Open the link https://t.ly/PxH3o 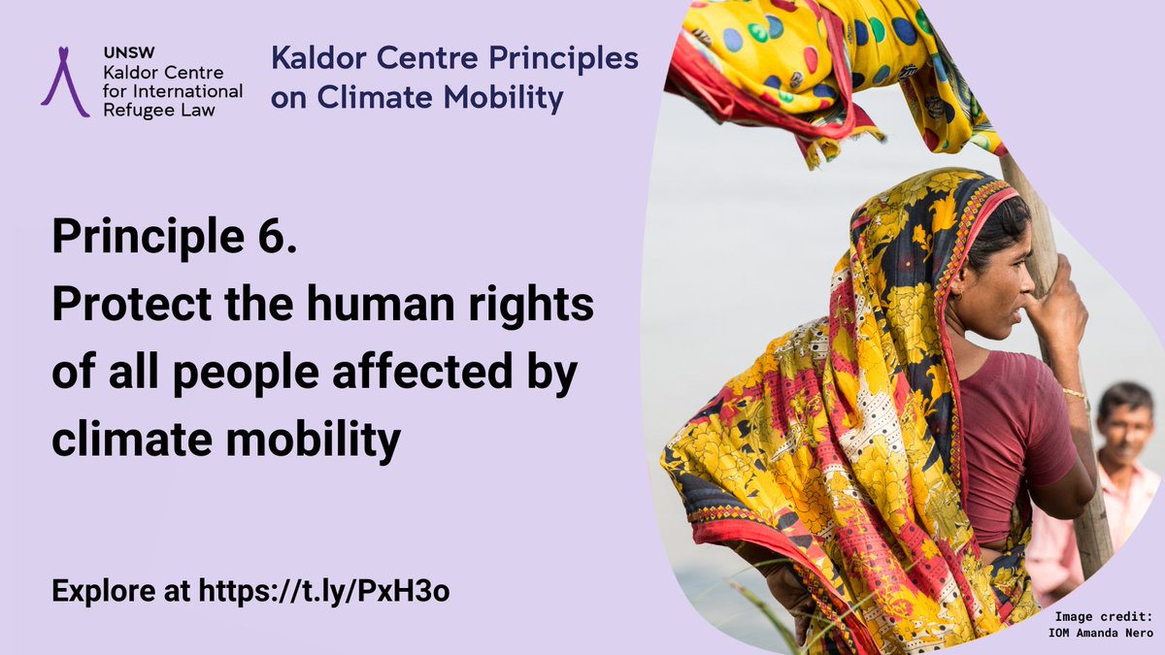click(x=324, y=592)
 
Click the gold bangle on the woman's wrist click(x=1074, y=393)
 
